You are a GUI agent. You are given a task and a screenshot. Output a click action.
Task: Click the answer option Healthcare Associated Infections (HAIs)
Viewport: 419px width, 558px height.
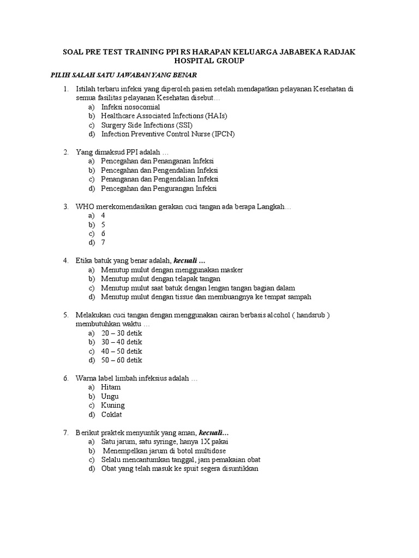[164, 116]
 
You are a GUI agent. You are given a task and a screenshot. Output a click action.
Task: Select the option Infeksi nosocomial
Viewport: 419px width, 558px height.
[130, 107]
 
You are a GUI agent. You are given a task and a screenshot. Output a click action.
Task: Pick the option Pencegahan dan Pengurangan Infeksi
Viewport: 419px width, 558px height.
[159, 188]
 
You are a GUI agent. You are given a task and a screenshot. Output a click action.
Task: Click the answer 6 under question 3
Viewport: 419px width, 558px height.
[103, 233]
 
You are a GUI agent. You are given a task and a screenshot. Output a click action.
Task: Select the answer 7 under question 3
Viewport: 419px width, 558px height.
[103, 242]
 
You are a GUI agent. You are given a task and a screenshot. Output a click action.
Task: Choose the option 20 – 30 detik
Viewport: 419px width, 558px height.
[121, 332]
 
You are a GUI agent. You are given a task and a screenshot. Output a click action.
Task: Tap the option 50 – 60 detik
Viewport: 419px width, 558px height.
[121, 360]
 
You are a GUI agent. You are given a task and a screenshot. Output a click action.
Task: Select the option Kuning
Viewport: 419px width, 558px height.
[113, 405]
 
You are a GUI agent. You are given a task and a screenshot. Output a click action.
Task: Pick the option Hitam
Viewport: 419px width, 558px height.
[111, 387]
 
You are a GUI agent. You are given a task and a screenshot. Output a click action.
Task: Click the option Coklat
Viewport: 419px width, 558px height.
[112, 414]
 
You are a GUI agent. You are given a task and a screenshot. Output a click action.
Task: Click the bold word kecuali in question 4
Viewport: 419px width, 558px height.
[186, 260]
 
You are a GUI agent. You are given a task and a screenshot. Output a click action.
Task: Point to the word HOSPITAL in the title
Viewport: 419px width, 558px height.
[186, 61]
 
